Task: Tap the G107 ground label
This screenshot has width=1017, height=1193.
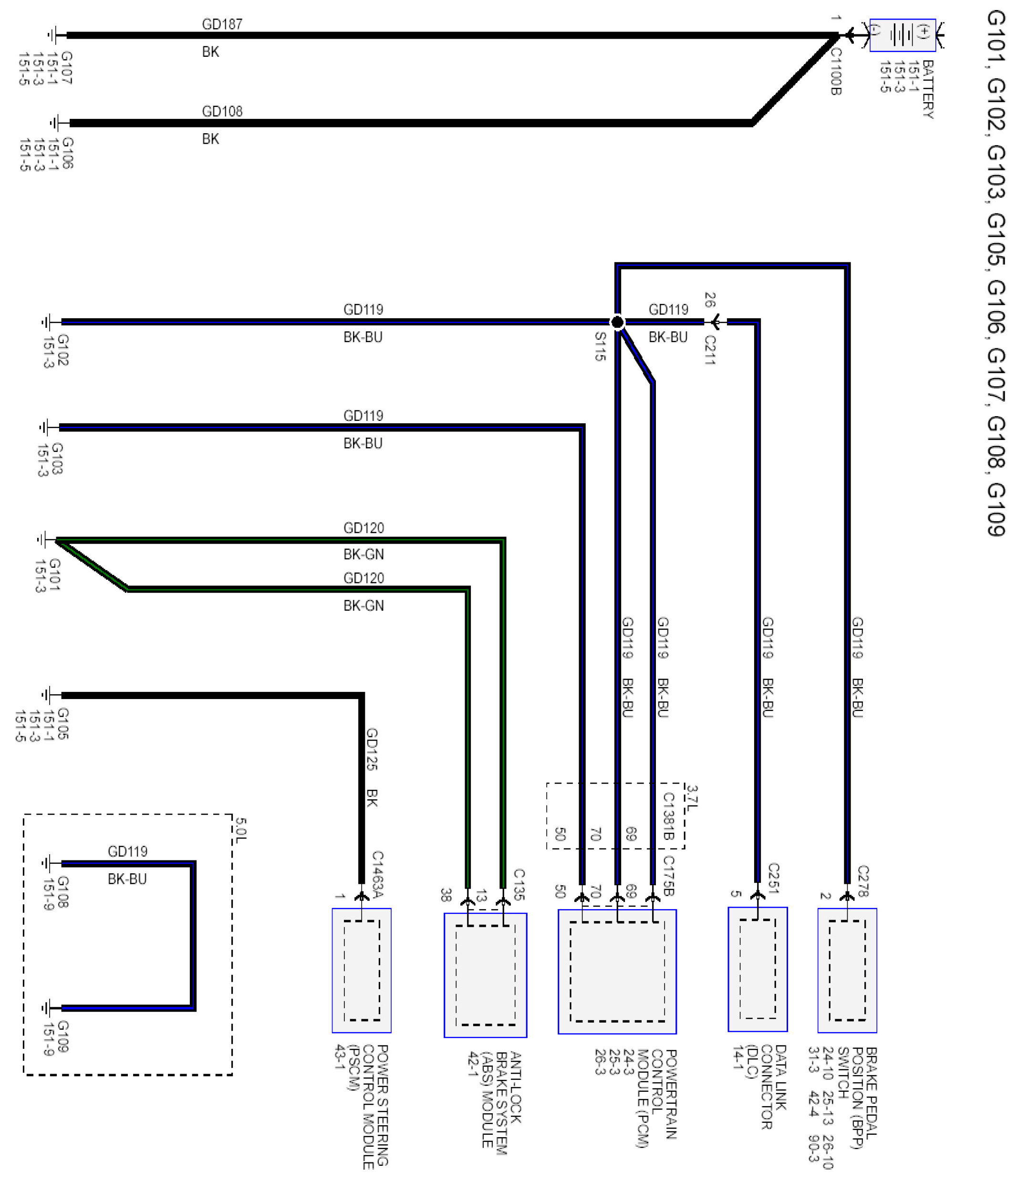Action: [x=66, y=68]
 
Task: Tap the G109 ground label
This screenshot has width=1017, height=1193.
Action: [x=63, y=1036]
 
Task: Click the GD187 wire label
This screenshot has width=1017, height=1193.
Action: [x=222, y=24]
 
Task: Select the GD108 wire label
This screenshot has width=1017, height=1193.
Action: [x=222, y=111]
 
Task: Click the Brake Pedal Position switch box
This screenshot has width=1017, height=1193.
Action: [x=847, y=970]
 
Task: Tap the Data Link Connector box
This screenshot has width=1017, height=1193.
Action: [x=758, y=969]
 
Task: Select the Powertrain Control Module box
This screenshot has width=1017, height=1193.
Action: [x=617, y=971]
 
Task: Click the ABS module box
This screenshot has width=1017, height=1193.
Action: [x=485, y=975]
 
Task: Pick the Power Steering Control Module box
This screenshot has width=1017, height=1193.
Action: [x=362, y=970]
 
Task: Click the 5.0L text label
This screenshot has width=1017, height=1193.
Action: [x=240, y=828]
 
